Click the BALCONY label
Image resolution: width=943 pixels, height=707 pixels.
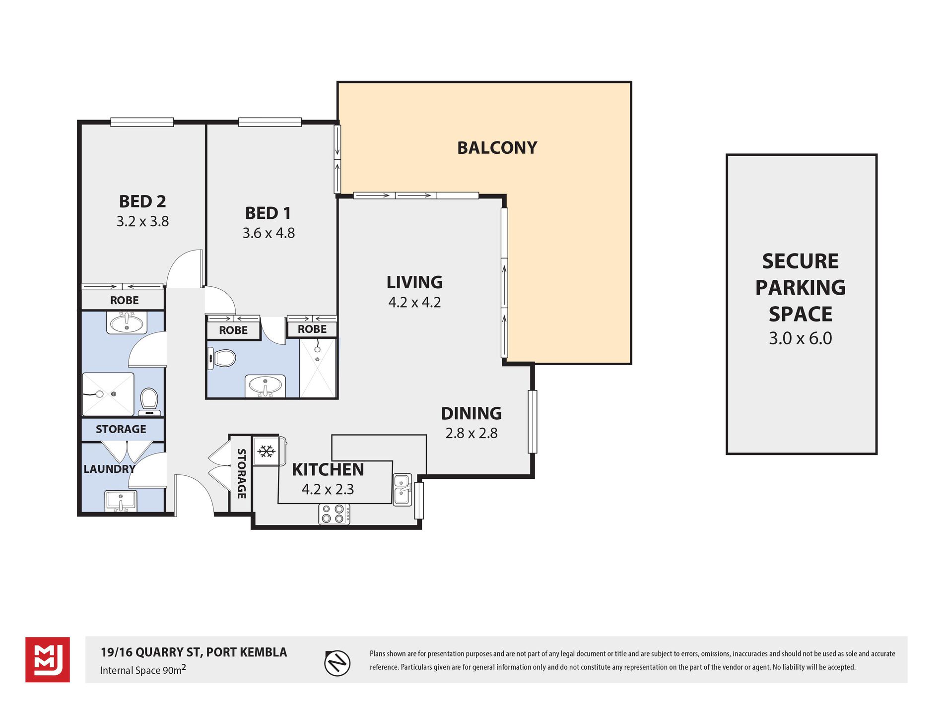pos(497,148)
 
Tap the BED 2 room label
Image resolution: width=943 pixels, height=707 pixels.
pos(142,201)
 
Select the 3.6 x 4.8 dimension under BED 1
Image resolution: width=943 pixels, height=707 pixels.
pos(269,233)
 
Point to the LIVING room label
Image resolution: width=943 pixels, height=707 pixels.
pos(414,282)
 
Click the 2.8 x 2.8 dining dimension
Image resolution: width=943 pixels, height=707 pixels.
pos(471,433)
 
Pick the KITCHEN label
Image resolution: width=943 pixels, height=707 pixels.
pos(328,469)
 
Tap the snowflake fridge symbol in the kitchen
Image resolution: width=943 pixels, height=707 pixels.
pos(267,451)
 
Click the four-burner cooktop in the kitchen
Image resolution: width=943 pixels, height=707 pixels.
pos(334,514)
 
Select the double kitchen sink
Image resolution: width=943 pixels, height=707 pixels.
pos(403,490)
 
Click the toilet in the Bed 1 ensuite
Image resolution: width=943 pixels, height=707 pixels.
pos(221,358)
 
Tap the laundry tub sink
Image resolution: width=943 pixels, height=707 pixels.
pos(121,501)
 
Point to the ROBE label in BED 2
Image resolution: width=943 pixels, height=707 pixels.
pos(125,300)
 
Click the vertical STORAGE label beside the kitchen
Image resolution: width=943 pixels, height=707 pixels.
pos(242,473)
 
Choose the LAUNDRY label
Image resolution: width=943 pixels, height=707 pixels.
pos(109,469)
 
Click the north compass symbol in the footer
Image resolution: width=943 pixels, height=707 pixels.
pos(337,663)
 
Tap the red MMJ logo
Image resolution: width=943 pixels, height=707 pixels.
pos(48,660)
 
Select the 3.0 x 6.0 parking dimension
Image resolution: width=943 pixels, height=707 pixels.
pos(801,338)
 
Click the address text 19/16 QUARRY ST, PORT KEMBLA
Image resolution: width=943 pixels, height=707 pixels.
pos(194,652)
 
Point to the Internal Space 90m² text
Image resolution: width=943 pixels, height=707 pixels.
pos(143,670)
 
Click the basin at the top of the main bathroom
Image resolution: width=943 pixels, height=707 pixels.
pos(127,323)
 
